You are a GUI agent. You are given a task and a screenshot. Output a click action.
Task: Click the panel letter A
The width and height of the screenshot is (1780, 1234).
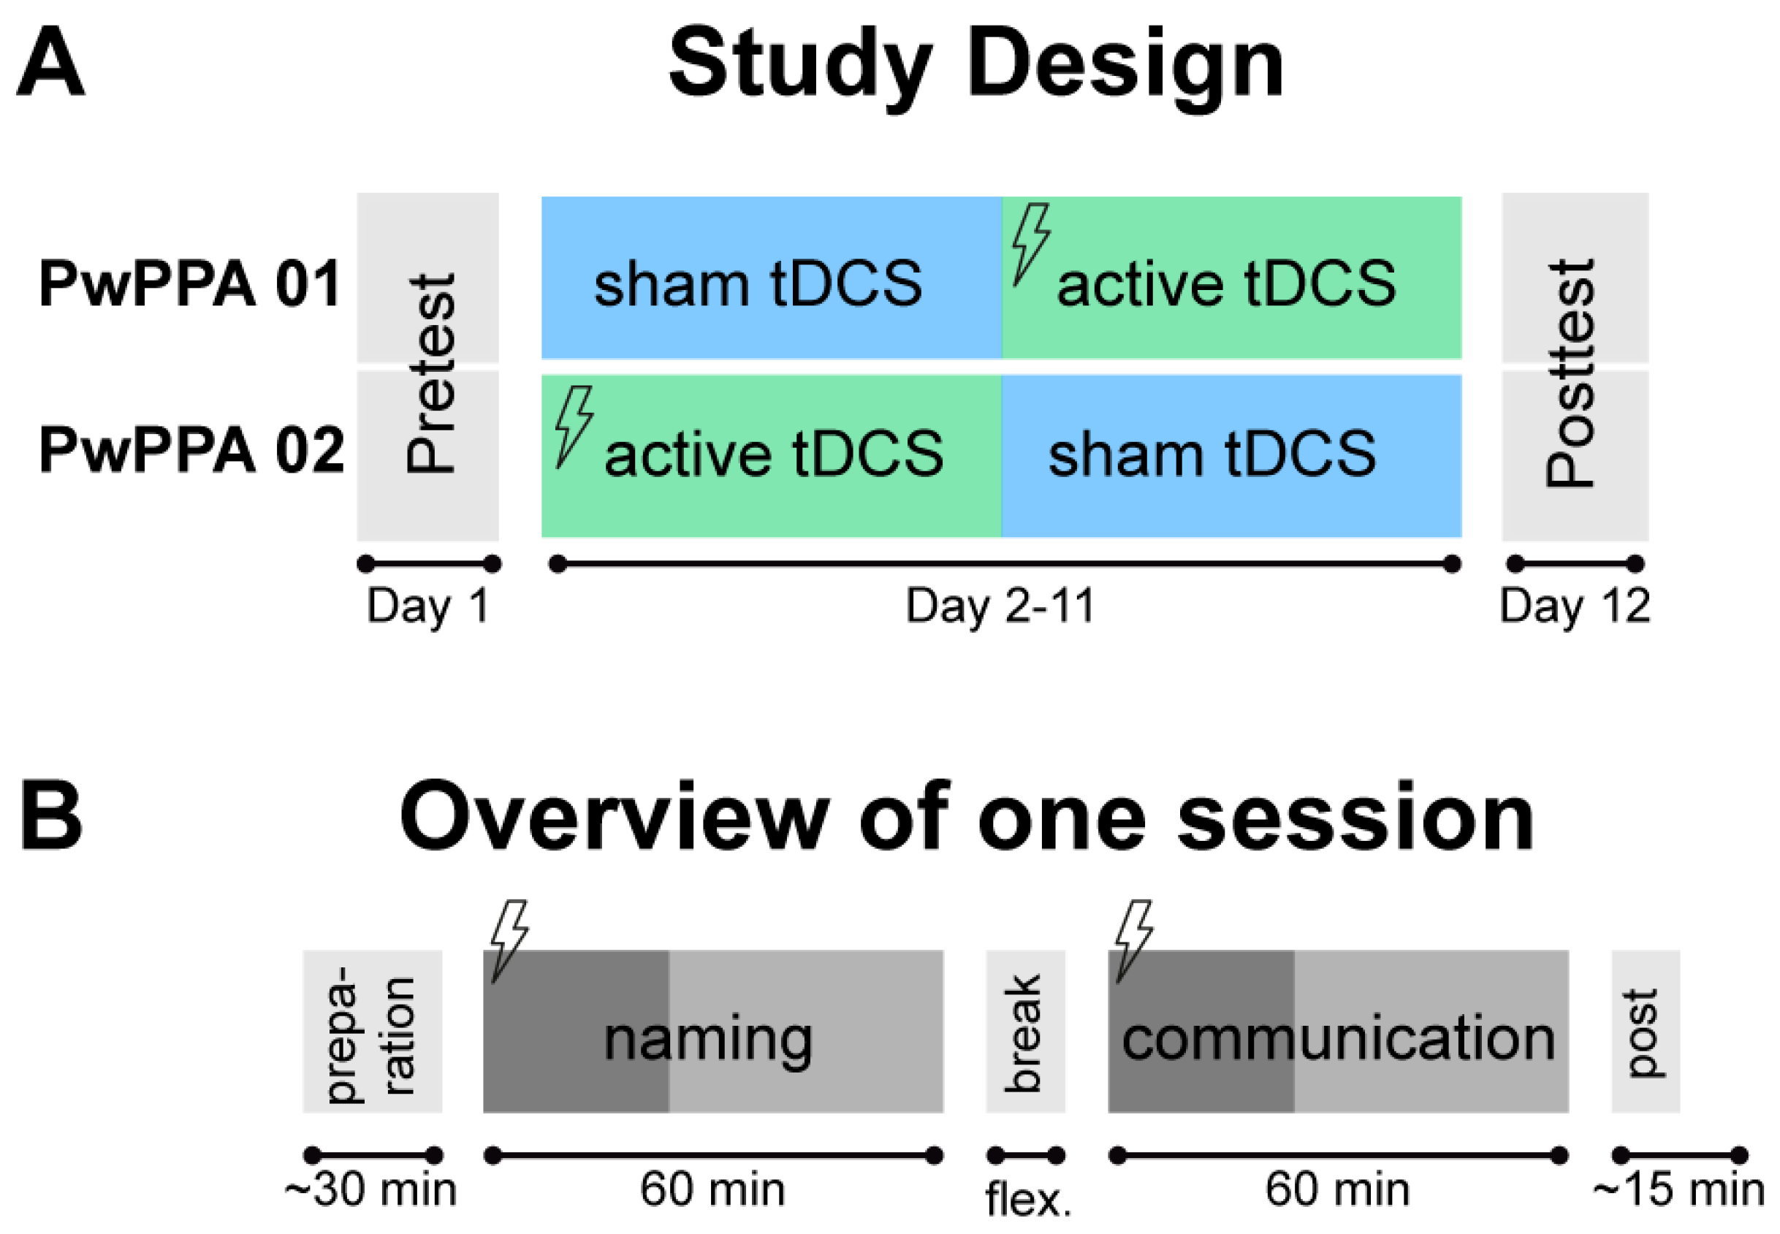coord(50,62)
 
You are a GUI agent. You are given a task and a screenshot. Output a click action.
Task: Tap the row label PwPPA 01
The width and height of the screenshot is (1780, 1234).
coord(190,283)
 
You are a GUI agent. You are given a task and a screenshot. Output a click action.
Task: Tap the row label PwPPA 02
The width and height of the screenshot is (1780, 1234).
coord(191,450)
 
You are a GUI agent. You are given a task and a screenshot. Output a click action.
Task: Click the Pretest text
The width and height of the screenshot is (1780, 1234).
coord(430,373)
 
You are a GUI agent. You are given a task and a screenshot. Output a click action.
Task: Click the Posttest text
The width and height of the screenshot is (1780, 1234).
coord(1570,373)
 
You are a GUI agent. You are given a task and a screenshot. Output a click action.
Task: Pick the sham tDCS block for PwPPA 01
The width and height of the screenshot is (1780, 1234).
coord(772,278)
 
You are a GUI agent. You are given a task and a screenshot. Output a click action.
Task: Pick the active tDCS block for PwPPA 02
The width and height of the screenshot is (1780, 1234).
coord(772,456)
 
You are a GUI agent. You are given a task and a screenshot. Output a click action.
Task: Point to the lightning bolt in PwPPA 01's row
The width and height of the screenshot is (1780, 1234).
coord(1031,243)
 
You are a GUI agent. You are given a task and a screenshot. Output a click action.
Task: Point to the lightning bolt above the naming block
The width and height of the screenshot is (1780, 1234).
coord(509,940)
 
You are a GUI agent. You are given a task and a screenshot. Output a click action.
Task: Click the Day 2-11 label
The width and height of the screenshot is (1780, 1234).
coord(1001,606)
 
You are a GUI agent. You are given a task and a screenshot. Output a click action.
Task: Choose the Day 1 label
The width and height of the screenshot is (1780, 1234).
coord(427,606)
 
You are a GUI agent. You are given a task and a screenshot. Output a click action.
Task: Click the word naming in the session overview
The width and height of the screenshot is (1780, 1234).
coord(707,1040)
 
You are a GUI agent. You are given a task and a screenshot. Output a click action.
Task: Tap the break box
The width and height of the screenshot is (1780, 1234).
coord(1025,1032)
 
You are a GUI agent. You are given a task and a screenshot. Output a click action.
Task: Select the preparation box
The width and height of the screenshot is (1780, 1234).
coord(372,1032)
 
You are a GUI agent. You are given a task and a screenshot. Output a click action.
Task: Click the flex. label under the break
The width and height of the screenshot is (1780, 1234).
coord(1027,1199)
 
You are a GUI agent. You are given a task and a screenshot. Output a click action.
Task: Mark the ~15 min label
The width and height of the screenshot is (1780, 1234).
coord(1678,1190)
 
